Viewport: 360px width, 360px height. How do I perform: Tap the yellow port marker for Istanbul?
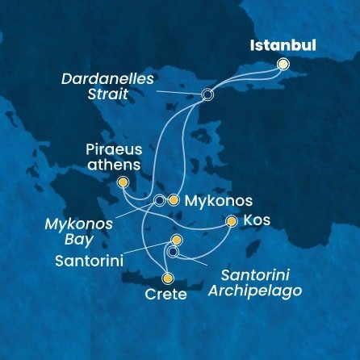pyautogui.click(x=283, y=64)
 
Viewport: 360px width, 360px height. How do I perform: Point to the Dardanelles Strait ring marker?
pyautogui.click(x=207, y=94)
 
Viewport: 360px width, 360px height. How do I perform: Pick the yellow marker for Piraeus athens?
pyautogui.click(x=123, y=183)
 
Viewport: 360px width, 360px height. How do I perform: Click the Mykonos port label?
pyautogui.click(x=219, y=200)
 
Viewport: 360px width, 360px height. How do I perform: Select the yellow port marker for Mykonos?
pyautogui.click(x=173, y=199)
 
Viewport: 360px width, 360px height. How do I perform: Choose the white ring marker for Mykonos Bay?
pyautogui.click(x=159, y=199)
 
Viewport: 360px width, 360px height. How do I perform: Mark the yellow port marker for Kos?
pyautogui.click(x=232, y=220)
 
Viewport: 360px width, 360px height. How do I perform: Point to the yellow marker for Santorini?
pyautogui.click(x=177, y=241)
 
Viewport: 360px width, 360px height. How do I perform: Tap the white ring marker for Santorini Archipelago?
pyautogui.click(x=174, y=253)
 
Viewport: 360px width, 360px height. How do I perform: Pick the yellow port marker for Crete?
pyautogui.click(x=168, y=278)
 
